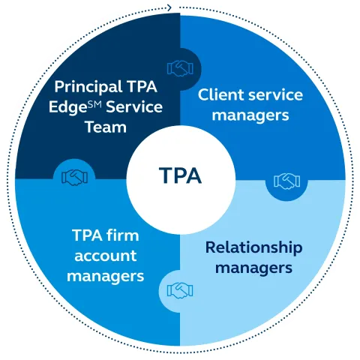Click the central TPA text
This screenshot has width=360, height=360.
180,176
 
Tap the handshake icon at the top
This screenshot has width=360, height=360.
180,69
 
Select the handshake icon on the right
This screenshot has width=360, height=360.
286,181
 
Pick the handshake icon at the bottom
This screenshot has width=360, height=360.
180,289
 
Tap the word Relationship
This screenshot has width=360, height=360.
253,247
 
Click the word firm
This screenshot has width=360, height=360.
123,235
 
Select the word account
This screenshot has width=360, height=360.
105,255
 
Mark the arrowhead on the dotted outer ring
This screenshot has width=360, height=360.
172,7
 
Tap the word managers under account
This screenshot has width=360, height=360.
105,275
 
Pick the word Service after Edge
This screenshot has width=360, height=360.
135,106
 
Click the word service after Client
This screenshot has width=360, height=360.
277,96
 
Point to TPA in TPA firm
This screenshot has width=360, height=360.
86,235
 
